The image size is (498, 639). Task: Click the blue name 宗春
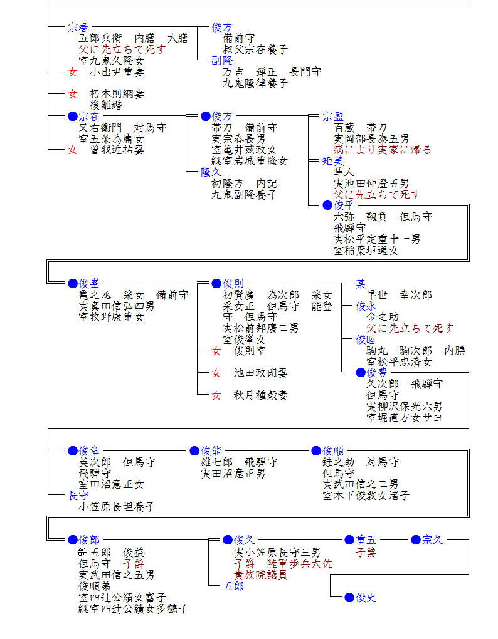coord(78,28)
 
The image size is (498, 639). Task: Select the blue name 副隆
coord(222,61)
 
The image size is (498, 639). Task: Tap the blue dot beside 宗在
coord(73,116)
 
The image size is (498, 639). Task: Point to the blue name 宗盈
coord(333,117)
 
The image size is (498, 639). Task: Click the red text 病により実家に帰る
coord(383,150)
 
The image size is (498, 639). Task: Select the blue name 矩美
coord(333,161)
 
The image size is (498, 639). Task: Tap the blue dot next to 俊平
coord(327,205)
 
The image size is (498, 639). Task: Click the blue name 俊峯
coord(89,284)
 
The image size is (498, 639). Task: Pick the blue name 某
coord(361,284)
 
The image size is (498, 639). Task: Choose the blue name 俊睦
coord(366,340)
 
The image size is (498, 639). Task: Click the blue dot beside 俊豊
coord(360,373)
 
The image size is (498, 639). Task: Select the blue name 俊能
coord(211,451)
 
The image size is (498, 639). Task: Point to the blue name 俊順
coord(333,451)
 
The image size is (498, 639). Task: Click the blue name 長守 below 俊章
coord(78,496)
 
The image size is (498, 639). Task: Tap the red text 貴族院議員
coord(260,574)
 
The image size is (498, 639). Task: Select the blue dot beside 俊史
coord(349,598)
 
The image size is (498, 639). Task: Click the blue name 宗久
coord(432,540)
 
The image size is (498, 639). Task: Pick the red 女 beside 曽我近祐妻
coord(73,150)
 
